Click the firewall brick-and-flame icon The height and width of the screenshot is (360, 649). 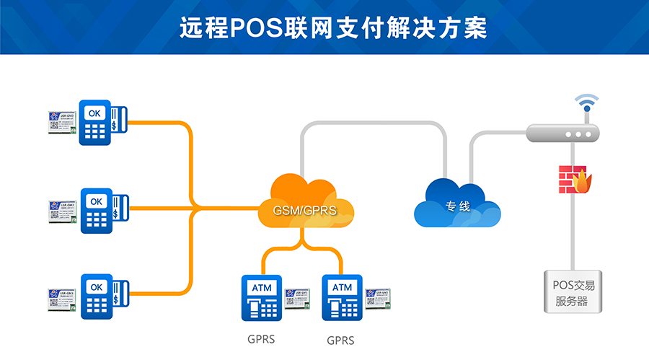click(574, 180)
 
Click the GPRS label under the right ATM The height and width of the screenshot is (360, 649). click(340, 340)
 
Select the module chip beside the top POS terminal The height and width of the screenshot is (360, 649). click(63, 121)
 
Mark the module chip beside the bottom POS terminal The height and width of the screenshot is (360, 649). click(63, 295)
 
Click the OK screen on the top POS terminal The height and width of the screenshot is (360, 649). click(94, 113)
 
